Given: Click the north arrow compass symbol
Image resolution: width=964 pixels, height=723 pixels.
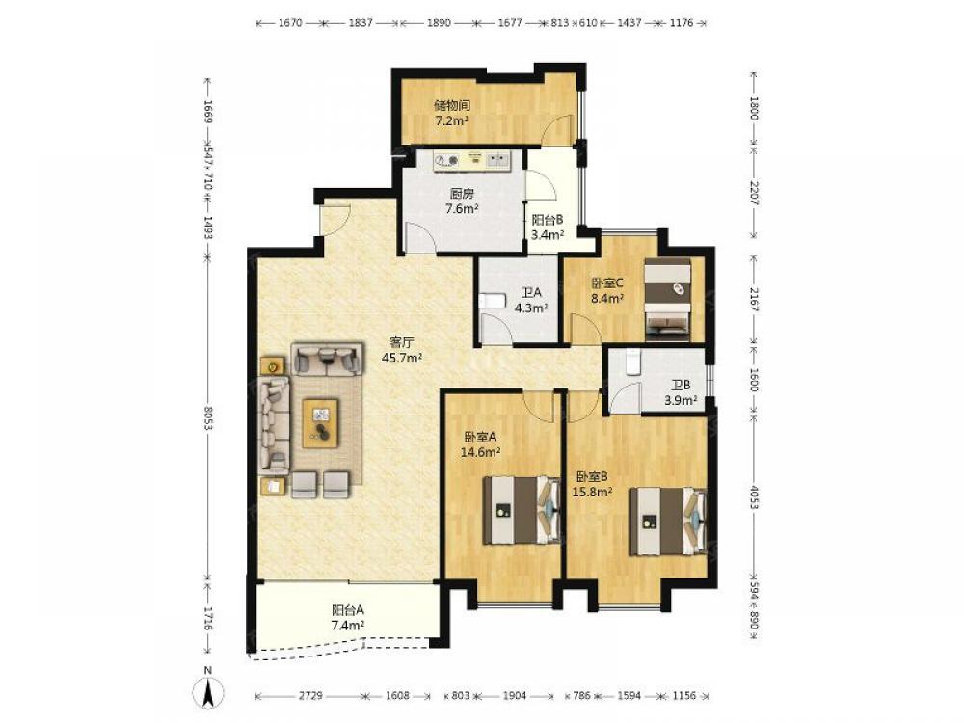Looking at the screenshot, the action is click(x=209, y=686).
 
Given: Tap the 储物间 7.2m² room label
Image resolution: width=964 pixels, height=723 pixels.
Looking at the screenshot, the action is click(x=452, y=113).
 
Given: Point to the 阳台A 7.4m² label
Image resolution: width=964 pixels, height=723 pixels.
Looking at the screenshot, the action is click(x=348, y=618).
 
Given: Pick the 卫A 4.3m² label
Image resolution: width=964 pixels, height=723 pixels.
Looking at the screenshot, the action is click(x=531, y=300).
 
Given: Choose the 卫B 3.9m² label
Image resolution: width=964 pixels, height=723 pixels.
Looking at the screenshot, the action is click(x=681, y=393).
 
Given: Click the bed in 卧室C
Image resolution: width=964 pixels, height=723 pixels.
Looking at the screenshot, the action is click(x=667, y=298).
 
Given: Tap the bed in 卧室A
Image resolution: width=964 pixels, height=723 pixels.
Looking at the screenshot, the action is click(x=521, y=510).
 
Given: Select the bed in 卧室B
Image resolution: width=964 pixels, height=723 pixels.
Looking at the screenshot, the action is click(x=667, y=521).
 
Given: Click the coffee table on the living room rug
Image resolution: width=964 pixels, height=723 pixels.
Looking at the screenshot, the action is click(x=320, y=423).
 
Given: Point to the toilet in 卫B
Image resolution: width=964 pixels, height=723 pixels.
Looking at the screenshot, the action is click(x=632, y=361).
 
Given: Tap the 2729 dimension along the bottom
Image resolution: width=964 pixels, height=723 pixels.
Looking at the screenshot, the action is click(x=311, y=696).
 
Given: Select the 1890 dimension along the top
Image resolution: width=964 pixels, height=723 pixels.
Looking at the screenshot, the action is click(x=439, y=23).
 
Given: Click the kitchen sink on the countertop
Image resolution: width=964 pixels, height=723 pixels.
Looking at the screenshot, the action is click(x=498, y=160).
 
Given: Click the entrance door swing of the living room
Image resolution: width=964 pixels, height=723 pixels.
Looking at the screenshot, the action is click(x=335, y=219).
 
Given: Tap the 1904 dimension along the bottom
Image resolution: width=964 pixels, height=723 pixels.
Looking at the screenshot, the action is click(x=515, y=696).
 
